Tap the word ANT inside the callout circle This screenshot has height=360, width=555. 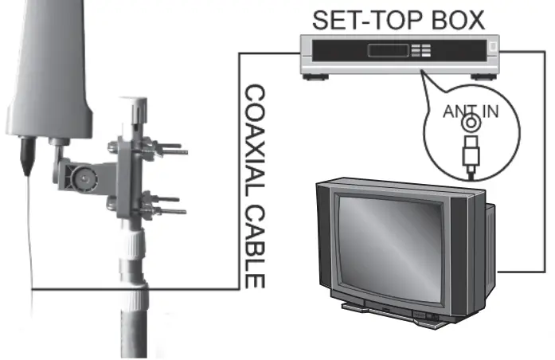pos(455,112)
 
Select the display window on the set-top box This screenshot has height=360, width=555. pos(388,50)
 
